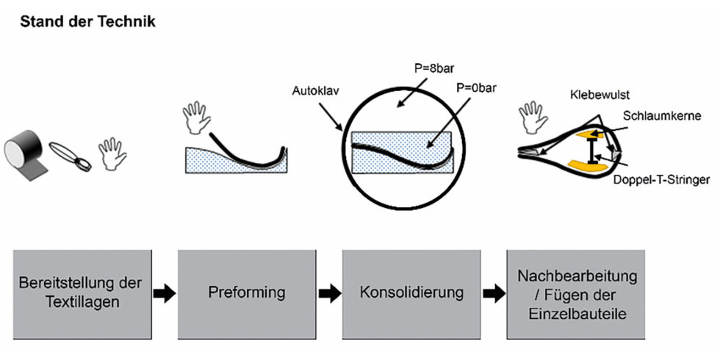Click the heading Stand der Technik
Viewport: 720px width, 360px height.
(87, 21)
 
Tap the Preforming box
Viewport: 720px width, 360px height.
(248, 292)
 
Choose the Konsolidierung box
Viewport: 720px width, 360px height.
(411, 292)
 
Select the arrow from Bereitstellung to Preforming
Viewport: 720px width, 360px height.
(165, 293)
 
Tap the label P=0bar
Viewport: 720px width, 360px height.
(474, 87)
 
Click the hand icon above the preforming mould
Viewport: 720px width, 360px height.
(193, 117)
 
